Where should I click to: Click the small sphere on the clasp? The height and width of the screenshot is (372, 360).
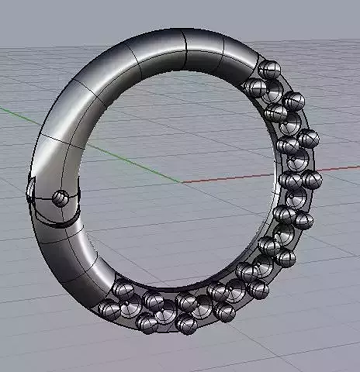pos(60,198)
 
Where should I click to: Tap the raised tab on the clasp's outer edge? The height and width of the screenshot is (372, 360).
pos(30,189)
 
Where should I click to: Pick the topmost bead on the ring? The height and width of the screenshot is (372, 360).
pos(269,68)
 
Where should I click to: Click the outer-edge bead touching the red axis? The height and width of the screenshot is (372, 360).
pos(312,180)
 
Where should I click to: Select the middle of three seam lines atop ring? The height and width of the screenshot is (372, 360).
pos(185,50)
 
